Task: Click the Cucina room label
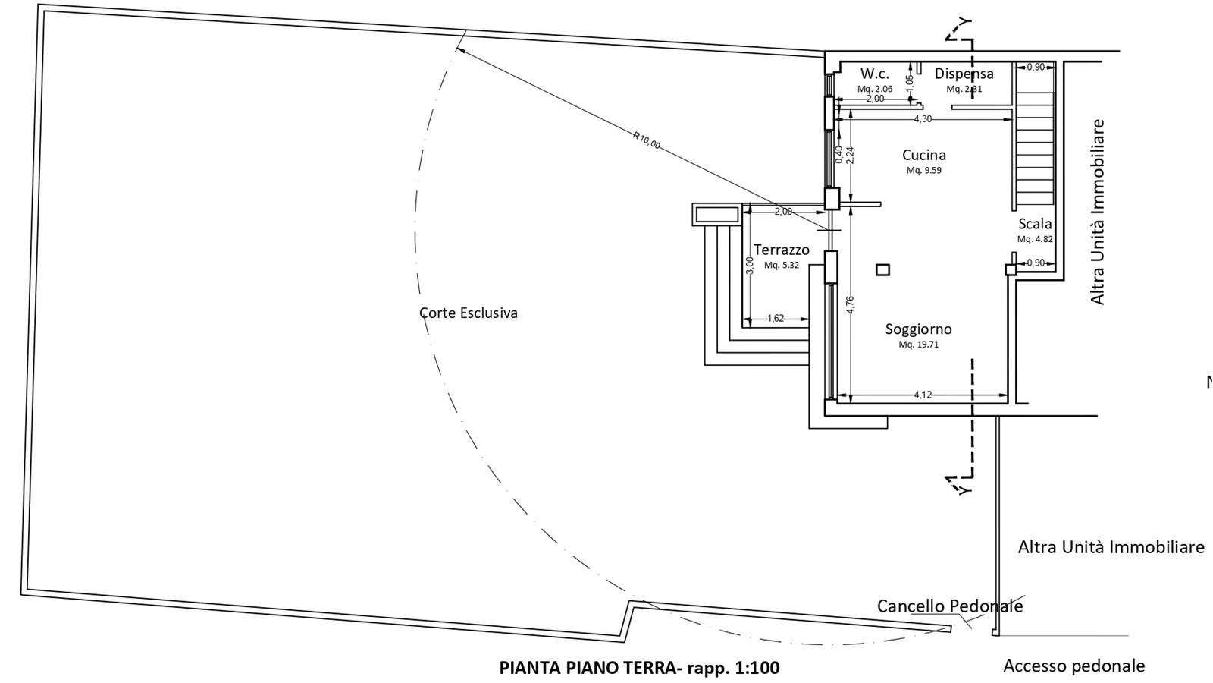pos(923,155)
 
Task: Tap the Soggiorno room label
pos(918,329)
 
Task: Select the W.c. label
pos(874,74)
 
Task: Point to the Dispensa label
pos(964,74)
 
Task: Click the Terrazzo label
pos(781,250)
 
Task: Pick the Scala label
pos(1035,224)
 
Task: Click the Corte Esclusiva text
pos(469,313)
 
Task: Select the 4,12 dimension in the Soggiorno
pos(923,395)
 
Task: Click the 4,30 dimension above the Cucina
pos(923,119)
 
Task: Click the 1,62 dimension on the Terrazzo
pos(776,319)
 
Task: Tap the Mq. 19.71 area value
pos(918,345)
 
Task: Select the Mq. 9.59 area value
pos(923,171)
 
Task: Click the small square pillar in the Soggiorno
pos(882,269)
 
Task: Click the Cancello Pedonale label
pos(949,606)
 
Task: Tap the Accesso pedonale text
pos(1074,666)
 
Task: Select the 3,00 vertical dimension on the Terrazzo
pos(750,265)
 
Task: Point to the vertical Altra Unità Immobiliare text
pos(1097,212)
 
